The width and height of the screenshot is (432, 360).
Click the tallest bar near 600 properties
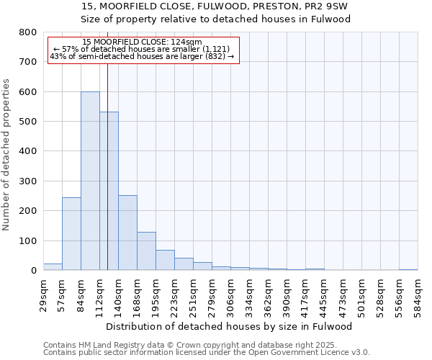click(90, 181)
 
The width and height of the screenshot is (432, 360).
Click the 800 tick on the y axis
click(27, 32)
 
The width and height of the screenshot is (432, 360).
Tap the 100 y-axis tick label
click(27, 240)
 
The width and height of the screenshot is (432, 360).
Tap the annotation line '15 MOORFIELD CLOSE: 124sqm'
click(142, 42)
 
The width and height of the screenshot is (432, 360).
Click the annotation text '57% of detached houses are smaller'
click(142, 50)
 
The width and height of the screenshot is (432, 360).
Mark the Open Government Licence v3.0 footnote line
click(207, 352)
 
